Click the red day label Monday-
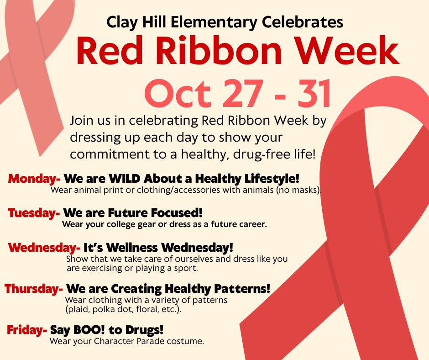[x=34, y=179]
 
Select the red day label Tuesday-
[x=34, y=213]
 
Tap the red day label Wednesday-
[x=44, y=248]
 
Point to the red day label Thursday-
[x=34, y=289]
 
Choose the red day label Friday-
[x=27, y=330]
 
